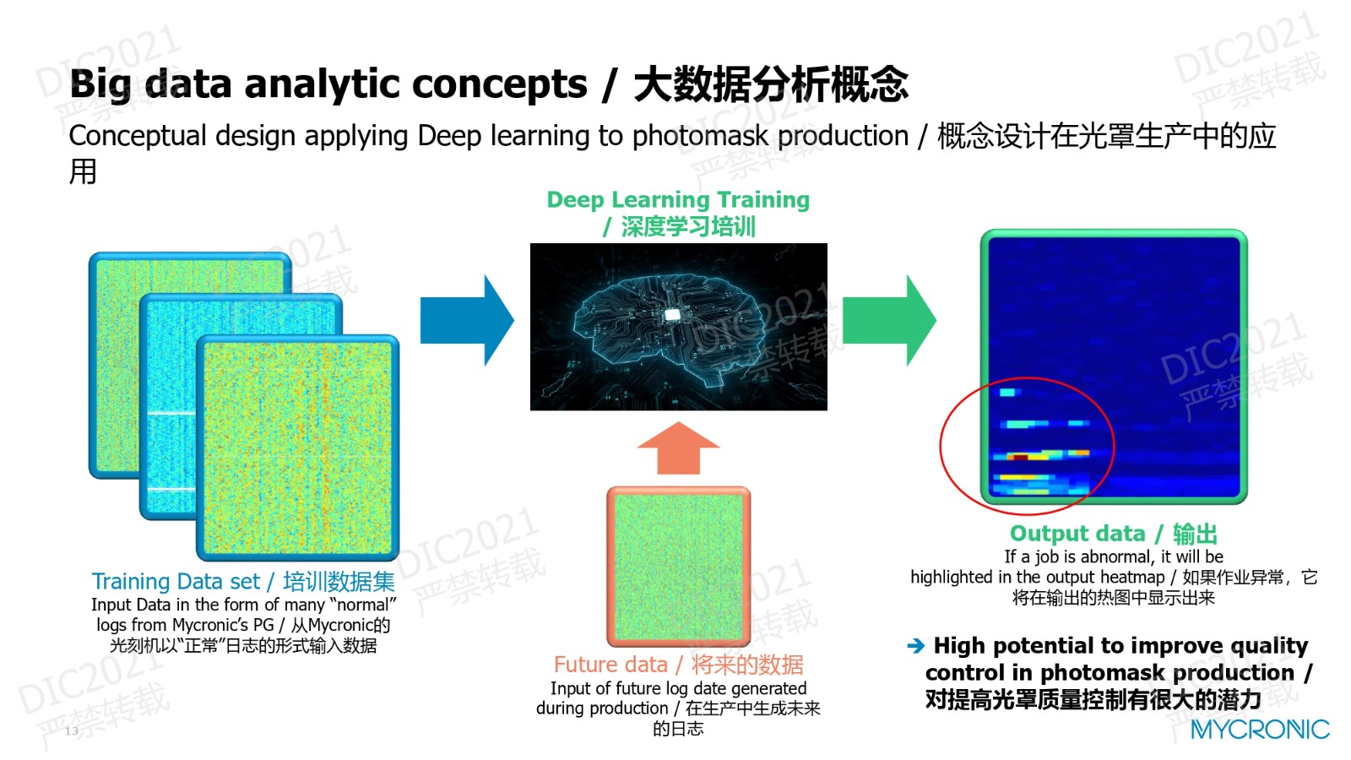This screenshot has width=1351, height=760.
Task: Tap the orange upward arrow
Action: point(679,448)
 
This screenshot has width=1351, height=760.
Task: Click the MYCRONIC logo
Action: point(1260,730)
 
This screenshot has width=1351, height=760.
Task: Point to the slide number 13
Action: point(72,731)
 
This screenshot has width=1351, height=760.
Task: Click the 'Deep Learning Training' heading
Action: point(678,199)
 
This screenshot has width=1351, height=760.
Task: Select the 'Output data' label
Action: point(1077,533)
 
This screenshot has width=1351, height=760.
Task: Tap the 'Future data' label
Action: point(610,664)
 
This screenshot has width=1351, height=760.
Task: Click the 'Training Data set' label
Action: point(176,581)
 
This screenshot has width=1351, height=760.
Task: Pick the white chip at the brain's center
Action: point(672,313)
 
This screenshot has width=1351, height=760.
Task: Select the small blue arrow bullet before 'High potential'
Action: point(915,646)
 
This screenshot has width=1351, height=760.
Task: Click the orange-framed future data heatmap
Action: point(679,567)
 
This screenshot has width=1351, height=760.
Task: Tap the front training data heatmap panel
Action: point(298,448)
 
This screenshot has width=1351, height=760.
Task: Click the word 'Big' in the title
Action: point(100,84)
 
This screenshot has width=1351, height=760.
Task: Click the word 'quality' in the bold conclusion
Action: point(1270,646)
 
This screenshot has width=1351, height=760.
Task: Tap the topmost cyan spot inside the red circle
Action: point(1008,393)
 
